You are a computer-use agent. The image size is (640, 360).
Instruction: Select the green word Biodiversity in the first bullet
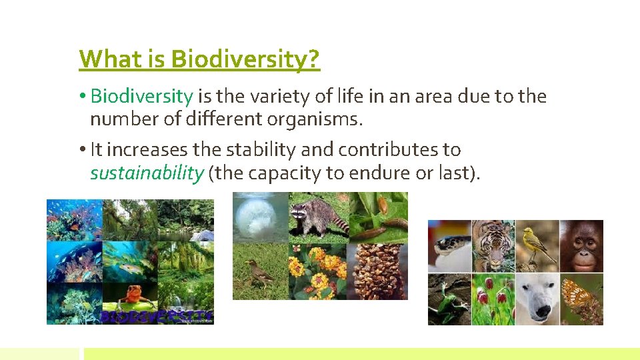coord(141,97)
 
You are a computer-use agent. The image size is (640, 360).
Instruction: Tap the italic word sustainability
coord(147,173)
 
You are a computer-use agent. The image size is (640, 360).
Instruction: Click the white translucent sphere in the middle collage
coord(259,216)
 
